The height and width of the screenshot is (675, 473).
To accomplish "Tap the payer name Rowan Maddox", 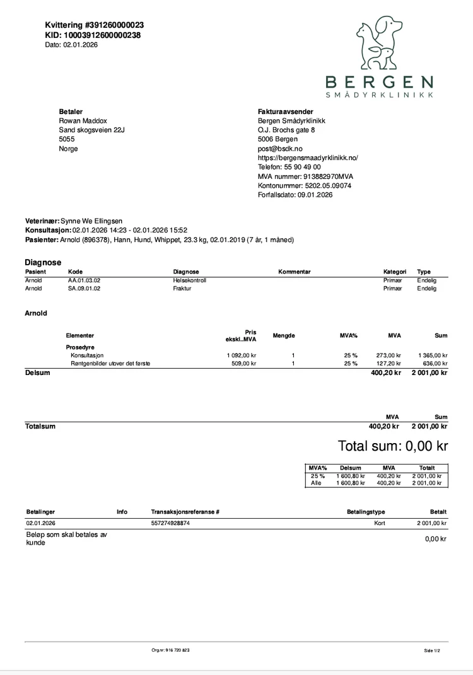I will [x=83, y=120].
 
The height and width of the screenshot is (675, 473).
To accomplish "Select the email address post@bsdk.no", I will [x=280, y=149].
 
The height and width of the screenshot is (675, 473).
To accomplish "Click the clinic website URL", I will [x=308, y=158].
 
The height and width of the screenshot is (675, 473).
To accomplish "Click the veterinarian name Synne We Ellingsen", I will [x=91, y=221].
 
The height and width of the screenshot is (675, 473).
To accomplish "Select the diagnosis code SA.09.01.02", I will [x=84, y=288].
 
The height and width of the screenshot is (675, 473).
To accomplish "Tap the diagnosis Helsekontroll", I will [x=189, y=280].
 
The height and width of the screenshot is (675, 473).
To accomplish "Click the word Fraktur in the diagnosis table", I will [x=182, y=288].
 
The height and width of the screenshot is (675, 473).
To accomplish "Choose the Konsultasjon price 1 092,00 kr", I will [x=241, y=355].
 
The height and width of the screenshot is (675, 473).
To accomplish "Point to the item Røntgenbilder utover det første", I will [x=110, y=364].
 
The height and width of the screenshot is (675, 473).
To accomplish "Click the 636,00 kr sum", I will [x=435, y=364].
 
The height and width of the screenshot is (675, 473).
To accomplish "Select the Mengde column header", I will [x=284, y=336].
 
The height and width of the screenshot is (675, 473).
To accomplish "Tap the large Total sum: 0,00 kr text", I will [x=392, y=446].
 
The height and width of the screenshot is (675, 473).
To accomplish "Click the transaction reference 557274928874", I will [x=170, y=523].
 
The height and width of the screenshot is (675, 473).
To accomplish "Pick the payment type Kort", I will [x=379, y=523].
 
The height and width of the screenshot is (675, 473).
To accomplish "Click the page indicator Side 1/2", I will [x=432, y=650].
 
